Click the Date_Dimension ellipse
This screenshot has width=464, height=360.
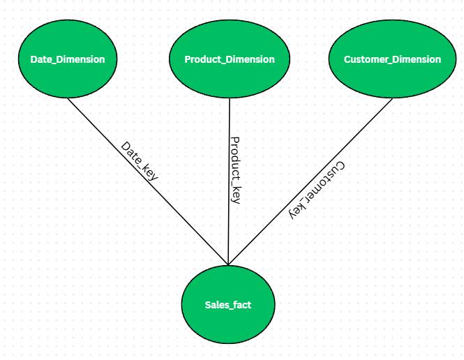pos(68,59)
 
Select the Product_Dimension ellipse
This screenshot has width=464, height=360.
pos(230,59)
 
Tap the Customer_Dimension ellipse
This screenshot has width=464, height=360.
pos(392,59)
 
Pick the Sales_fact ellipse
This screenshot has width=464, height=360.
pos(228,304)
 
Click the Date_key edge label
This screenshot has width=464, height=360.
pos(140,161)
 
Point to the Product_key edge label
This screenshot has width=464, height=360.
pos(236,170)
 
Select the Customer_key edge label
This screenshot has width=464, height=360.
pos(317,190)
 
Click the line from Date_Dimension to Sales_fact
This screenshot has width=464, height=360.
pos(148,181)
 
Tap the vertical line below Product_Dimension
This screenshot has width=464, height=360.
pos(229,181)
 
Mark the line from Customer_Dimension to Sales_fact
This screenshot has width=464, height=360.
pos(310,181)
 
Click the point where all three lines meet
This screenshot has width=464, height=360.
pos(228,264)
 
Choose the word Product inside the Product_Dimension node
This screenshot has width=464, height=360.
pos(203,59)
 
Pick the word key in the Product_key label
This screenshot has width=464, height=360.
pos(236,195)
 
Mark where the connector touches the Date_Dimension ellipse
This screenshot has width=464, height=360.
pos(68,98)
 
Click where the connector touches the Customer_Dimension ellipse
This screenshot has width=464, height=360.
pos(392,98)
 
